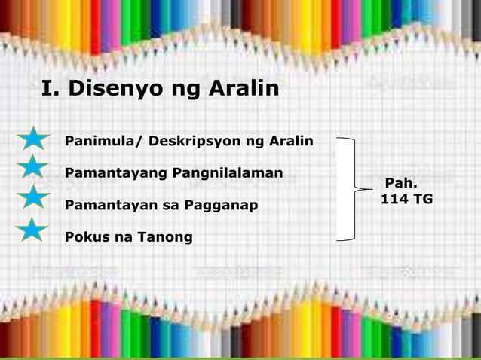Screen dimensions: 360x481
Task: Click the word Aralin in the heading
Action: coord(240,90)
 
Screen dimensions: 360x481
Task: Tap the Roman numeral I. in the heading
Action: coord(51,90)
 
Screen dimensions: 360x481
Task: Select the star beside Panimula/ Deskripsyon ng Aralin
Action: coord(32,141)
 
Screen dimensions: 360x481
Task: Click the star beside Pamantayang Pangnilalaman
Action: coord(32,169)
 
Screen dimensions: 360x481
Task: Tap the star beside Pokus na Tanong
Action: coord(32,230)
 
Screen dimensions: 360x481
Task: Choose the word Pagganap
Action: coord(225,206)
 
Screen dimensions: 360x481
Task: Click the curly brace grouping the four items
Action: coord(352,188)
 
